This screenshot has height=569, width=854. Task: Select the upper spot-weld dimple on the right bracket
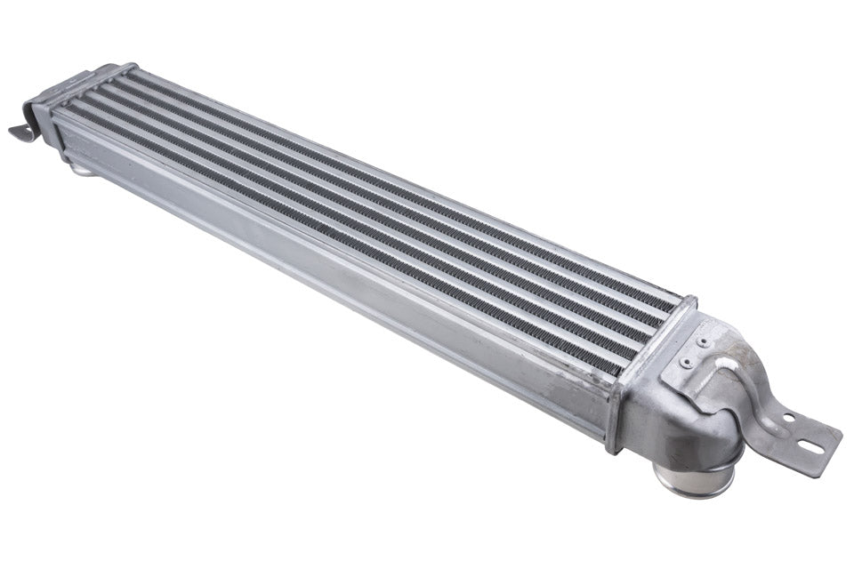(703, 341)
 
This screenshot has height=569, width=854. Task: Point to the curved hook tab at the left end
(22, 131)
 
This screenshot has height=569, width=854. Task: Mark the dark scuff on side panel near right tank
(569, 391)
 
